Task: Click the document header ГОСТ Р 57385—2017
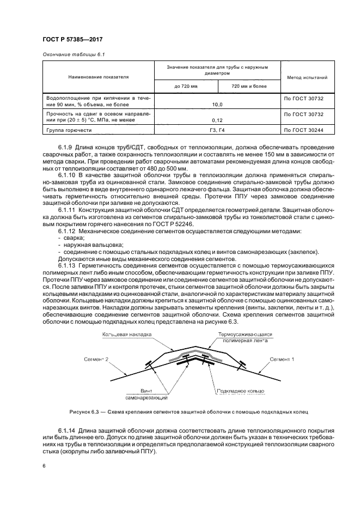[x=72, y=40]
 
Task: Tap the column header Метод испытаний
[x=303, y=78]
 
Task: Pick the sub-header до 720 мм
[x=185, y=86]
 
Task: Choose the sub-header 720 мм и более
[x=249, y=86]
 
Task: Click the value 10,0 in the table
[x=217, y=103]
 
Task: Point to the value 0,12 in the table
[x=217, y=121]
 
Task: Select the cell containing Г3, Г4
[x=217, y=131]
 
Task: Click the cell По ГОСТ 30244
[x=304, y=131]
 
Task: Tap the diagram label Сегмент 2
[x=96, y=360]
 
